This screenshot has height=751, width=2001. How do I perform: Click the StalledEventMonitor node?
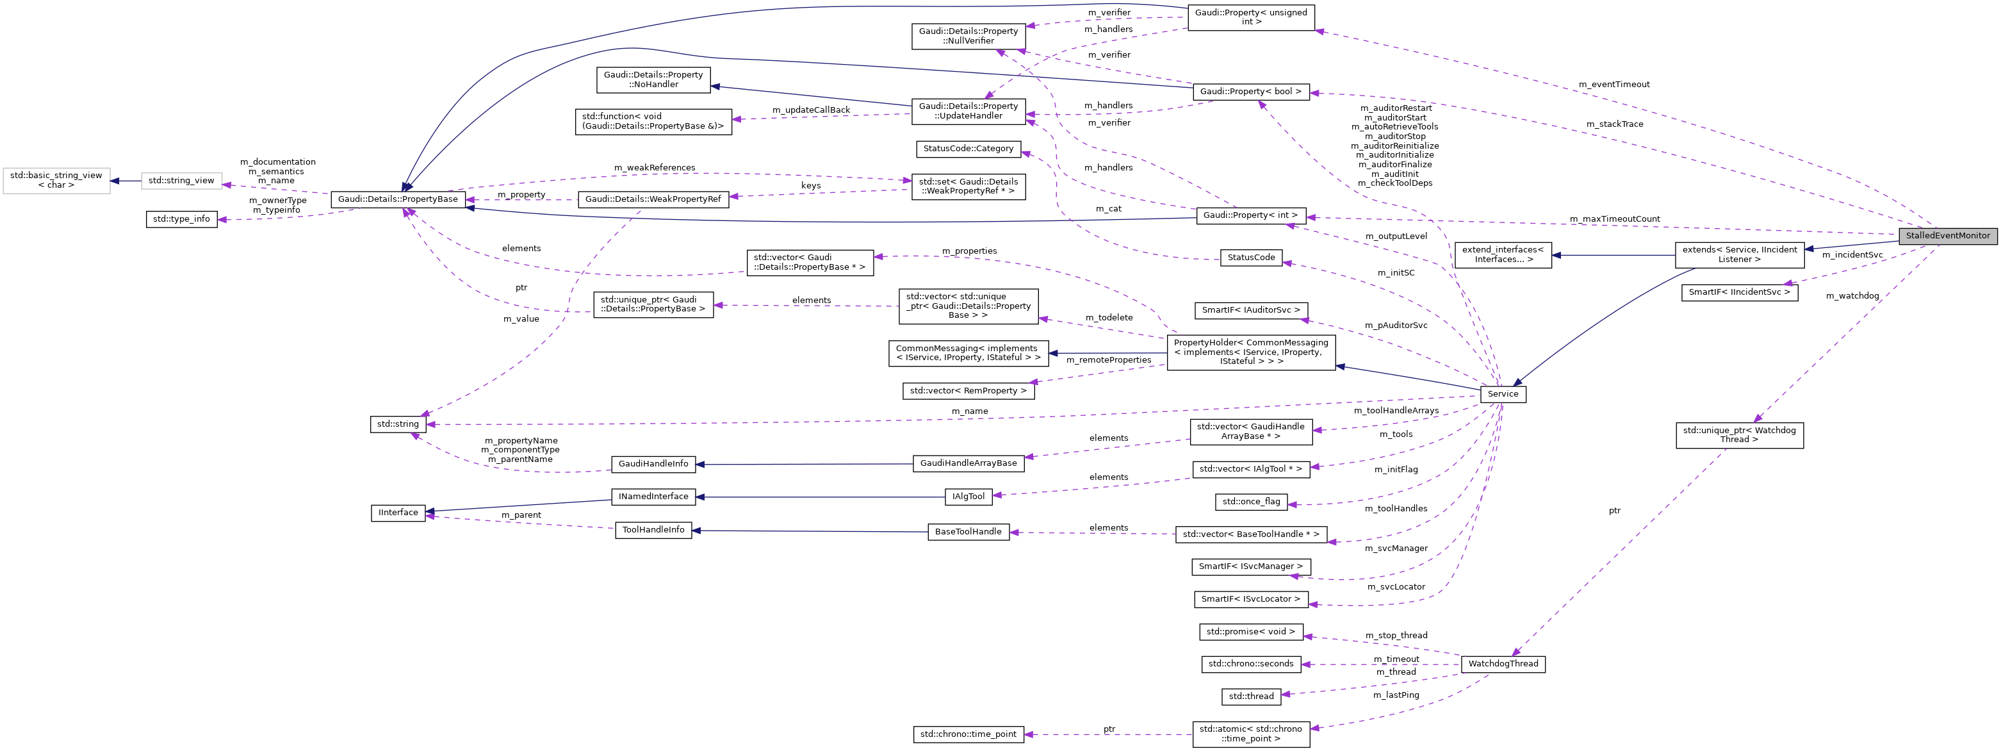click(1947, 236)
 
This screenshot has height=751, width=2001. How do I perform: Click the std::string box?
click(398, 424)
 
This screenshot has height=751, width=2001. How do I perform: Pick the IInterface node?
click(398, 513)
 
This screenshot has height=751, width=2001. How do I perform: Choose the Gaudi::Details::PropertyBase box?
click(398, 199)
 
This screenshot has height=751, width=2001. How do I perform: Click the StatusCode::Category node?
click(968, 149)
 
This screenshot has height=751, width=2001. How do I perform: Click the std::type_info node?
click(181, 219)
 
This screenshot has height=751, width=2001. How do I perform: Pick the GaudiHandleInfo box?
click(653, 463)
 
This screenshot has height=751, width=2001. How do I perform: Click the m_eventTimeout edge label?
click(1613, 84)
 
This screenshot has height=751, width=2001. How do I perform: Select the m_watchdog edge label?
click(1852, 295)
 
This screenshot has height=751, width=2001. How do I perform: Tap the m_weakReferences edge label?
click(654, 167)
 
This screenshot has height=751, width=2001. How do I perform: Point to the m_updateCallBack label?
click(811, 110)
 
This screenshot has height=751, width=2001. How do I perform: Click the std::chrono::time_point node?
click(968, 734)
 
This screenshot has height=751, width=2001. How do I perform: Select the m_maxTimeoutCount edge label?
click(1614, 219)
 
